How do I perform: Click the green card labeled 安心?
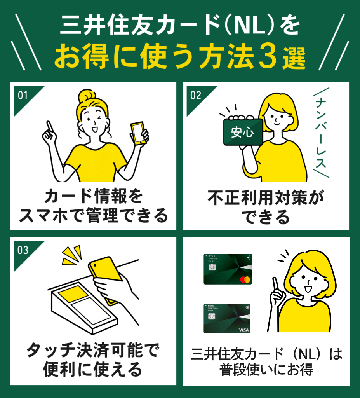tap(243, 133)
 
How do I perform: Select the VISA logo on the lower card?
tap(243, 330)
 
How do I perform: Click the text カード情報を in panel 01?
tap(93, 197)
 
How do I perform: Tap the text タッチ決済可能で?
tap(92, 352)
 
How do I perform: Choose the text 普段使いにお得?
tap(266, 370)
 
